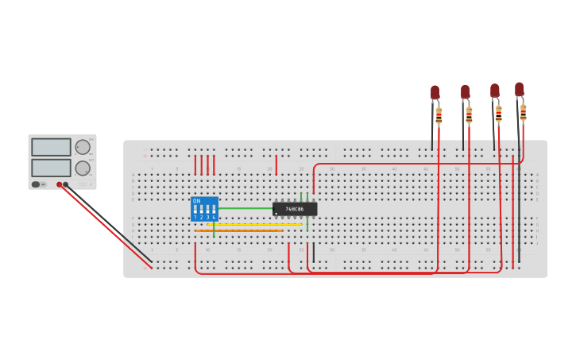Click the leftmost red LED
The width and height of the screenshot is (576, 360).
click(435, 92)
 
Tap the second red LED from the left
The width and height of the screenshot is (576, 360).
click(465, 92)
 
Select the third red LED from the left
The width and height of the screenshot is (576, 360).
click(495, 91)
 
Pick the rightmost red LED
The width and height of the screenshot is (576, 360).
click(519, 89)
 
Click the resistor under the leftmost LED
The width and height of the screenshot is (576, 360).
click(439, 116)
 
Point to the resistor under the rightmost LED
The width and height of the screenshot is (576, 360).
click(523, 112)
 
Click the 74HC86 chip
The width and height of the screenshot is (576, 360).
click(295, 209)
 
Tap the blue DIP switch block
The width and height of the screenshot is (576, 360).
click(204, 208)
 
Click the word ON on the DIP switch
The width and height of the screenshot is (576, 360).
click(197, 201)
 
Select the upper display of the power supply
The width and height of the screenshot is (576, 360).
click(51, 147)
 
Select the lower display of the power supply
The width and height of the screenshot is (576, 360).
click(51, 168)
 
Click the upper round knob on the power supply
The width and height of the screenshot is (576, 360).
click(83, 147)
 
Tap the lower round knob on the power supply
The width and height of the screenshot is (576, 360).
click(83, 168)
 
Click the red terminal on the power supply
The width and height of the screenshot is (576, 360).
click(59, 184)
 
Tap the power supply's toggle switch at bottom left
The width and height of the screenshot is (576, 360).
click(36, 184)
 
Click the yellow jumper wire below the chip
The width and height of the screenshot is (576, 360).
click(254, 225)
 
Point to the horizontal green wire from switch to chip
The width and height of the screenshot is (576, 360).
click(246, 208)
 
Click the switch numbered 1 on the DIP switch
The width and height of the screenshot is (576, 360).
click(195, 211)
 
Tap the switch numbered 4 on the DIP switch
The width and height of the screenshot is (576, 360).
click(214, 211)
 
